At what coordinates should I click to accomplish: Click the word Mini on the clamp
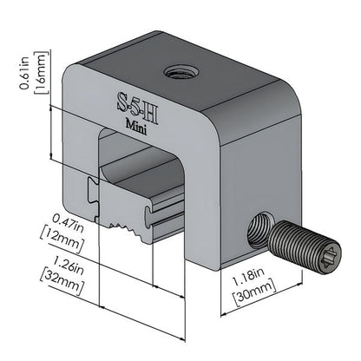[x=135, y=123]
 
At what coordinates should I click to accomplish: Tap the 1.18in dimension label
[x=249, y=281]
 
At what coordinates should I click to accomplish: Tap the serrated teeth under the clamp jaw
[x=126, y=230]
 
